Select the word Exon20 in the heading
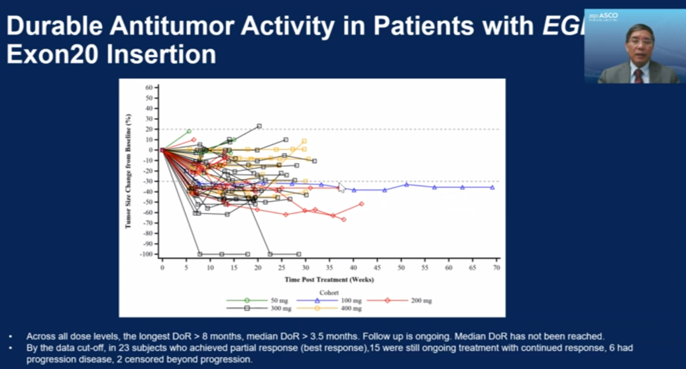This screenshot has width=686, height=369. (x=51, y=54)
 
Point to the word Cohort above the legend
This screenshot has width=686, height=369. (x=329, y=292)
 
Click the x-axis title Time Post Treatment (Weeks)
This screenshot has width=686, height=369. (x=328, y=279)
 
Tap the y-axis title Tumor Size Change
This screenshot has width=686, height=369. (x=128, y=170)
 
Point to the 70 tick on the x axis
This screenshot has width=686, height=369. (x=496, y=268)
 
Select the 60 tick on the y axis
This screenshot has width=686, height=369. (x=149, y=87)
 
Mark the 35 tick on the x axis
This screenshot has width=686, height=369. (x=329, y=268)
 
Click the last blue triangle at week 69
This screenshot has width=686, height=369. (x=492, y=187)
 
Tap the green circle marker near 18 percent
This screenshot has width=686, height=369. (x=189, y=131)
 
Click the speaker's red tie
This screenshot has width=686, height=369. (x=638, y=76)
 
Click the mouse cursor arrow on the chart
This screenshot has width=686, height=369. (x=341, y=187)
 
